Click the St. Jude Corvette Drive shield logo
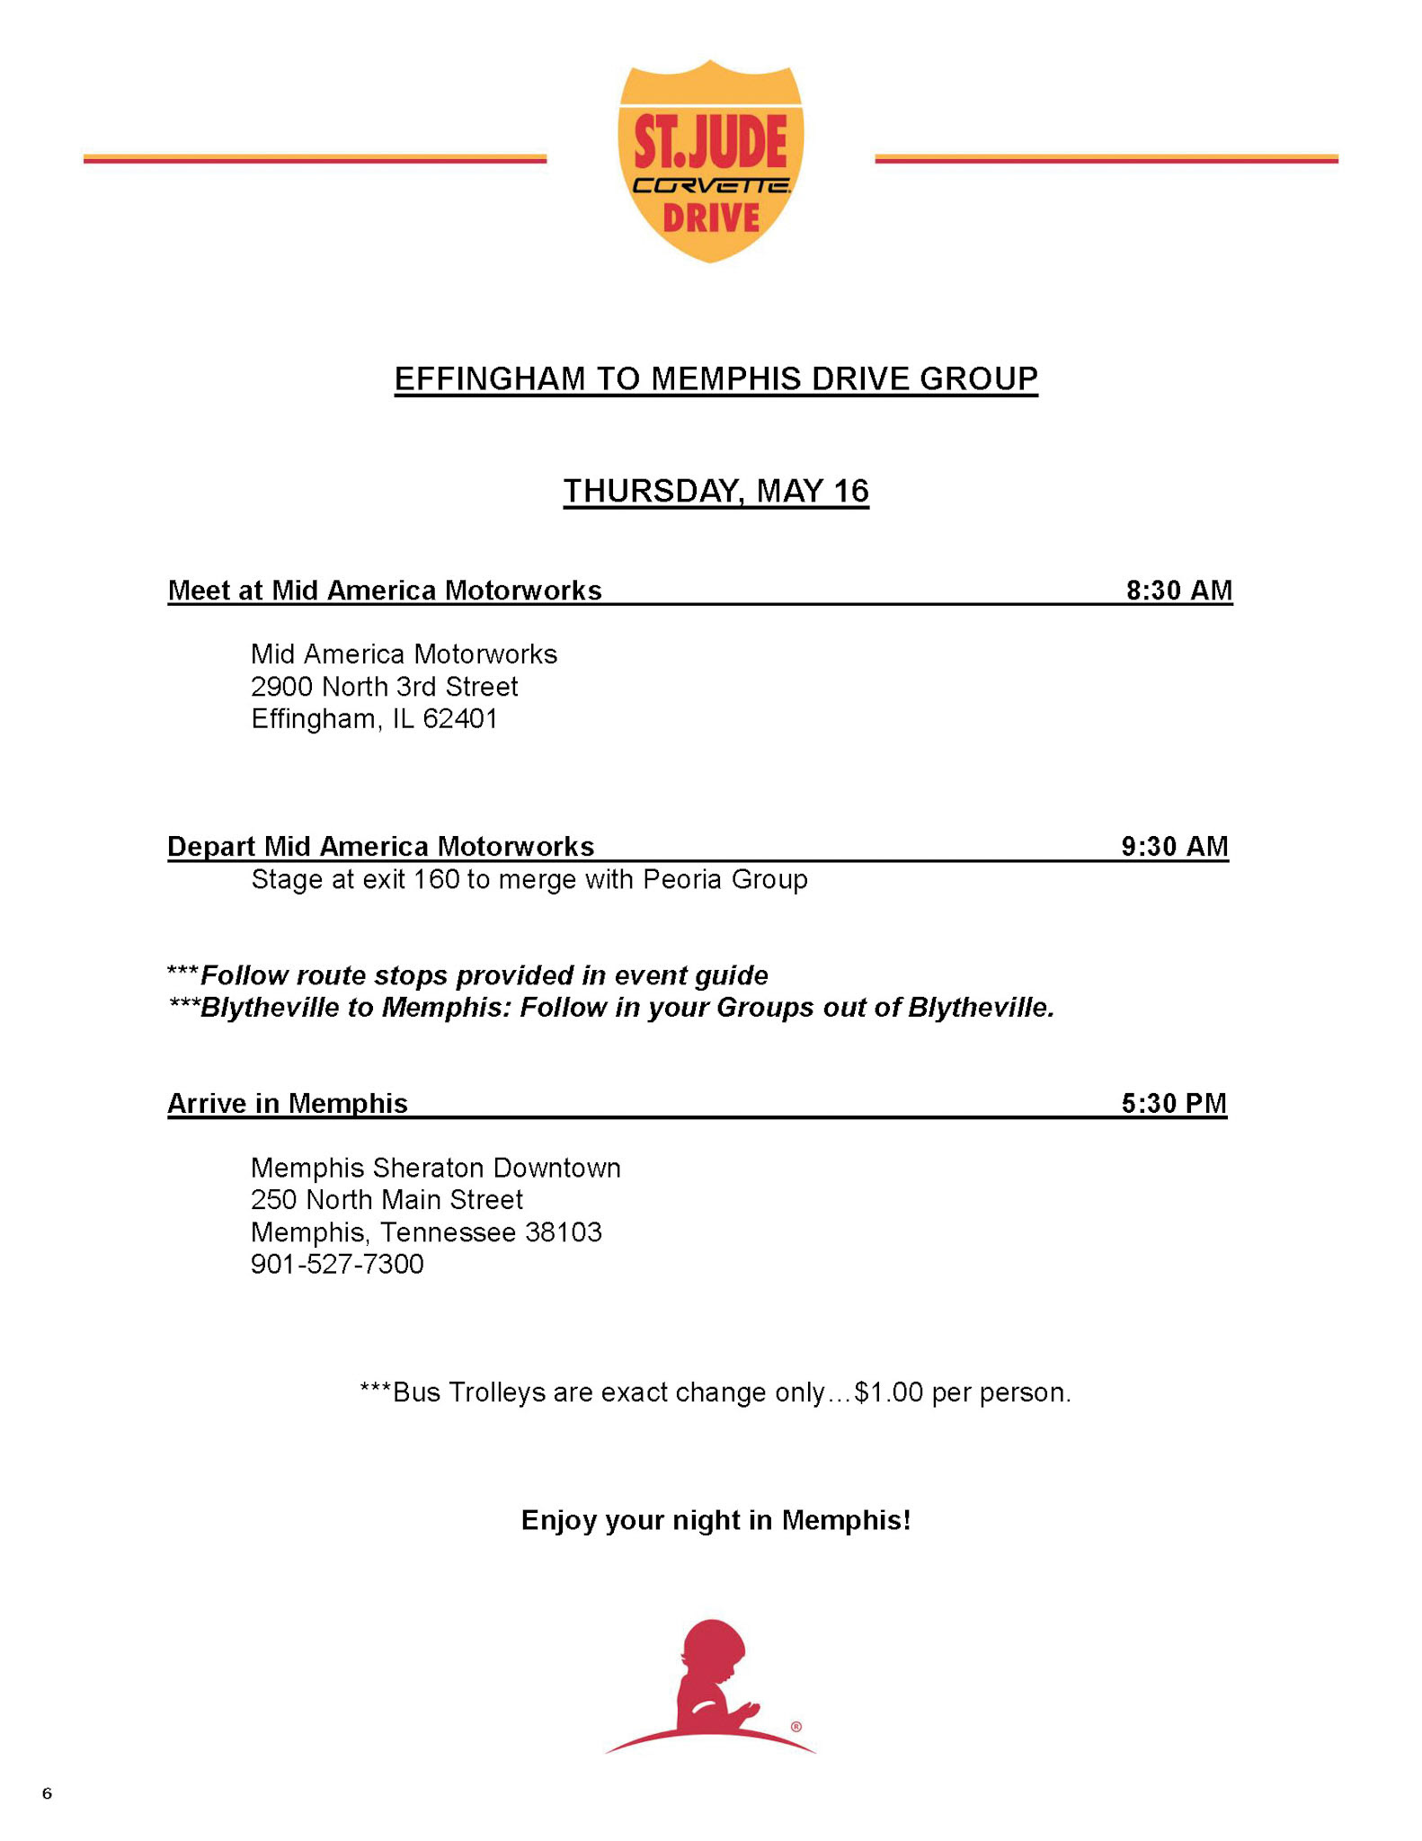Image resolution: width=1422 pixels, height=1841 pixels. click(x=710, y=162)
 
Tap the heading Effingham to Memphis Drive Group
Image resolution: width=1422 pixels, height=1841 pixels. click(x=715, y=379)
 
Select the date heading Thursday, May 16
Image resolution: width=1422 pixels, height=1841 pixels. click(x=715, y=492)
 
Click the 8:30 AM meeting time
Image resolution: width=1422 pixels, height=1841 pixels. click(x=1178, y=591)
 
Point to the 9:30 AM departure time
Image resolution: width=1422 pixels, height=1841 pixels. click(x=1174, y=847)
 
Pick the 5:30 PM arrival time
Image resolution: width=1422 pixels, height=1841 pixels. click(x=1173, y=1104)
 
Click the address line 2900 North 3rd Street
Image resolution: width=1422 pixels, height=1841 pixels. click(x=384, y=687)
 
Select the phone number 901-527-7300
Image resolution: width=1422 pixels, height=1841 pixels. click(x=337, y=1265)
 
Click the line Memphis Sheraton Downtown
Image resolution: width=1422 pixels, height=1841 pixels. click(x=435, y=1168)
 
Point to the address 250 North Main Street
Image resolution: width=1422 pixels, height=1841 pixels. click(x=387, y=1200)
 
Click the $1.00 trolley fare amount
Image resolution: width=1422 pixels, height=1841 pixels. click(x=889, y=1392)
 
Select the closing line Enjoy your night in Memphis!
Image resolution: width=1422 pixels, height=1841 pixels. click(x=715, y=1520)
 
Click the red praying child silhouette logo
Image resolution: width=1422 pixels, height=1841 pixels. click(x=710, y=1686)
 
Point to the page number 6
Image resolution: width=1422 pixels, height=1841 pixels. click(x=47, y=1793)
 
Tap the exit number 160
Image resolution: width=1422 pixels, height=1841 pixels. click(x=436, y=879)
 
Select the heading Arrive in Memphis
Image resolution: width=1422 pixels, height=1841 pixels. click(x=288, y=1104)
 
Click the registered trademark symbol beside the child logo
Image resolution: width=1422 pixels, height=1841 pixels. click(x=796, y=1726)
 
